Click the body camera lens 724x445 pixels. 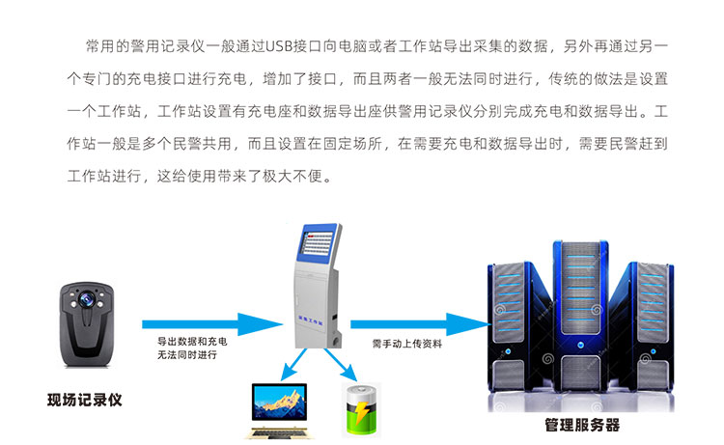click(x=86, y=299)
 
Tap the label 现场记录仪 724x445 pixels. click(x=85, y=400)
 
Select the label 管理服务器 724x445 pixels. click(x=582, y=425)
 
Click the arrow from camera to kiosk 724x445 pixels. click(x=212, y=324)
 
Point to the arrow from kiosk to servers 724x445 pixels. click(x=420, y=324)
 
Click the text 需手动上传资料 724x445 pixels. click(x=407, y=344)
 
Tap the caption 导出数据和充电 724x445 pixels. click(x=192, y=341)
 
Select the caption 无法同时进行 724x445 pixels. click(x=187, y=354)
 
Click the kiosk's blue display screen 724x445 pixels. click(x=319, y=241)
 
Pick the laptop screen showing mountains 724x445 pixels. click(x=279, y=402)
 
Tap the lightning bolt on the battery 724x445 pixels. click(x=361, y=412)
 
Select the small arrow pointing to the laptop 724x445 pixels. click(x=293, y=365)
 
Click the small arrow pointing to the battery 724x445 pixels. click(x=341, y=365)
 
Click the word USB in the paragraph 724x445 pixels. click(x=279, y=46)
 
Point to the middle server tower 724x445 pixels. click(x=580, y=317)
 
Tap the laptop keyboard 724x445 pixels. click(x=279, y=432)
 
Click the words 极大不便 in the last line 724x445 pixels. click(x=292, y=176)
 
